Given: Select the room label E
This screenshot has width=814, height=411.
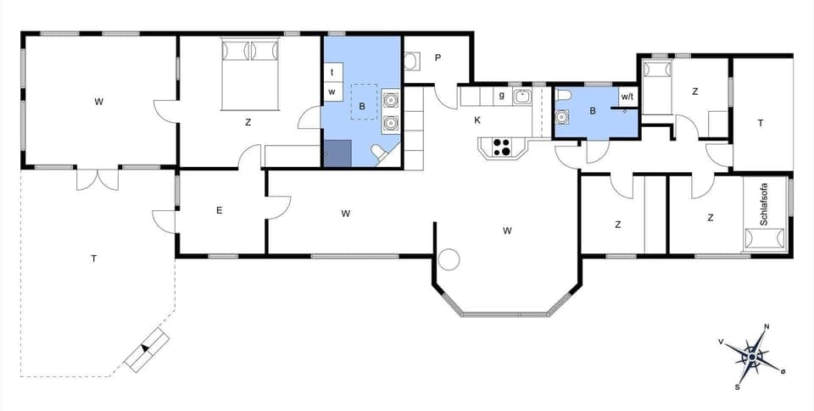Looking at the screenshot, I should click(x=219, y=210).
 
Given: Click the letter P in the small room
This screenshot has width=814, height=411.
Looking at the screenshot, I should click(x=438, y=58).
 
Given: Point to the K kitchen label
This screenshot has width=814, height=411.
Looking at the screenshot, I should click(x=477, y=121).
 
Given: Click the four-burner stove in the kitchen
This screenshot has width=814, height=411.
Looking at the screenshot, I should click(x=501, y=147).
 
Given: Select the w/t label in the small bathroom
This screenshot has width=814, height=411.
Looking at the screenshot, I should click(x=627, y=97).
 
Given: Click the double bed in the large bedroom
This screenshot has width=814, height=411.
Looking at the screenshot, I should click(x=250, y=75).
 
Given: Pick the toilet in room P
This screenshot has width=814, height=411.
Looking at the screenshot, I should click(x=411, y=61).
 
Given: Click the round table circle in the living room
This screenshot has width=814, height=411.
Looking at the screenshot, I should click(x=448, y=259).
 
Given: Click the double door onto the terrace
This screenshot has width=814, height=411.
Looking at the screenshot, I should click(x=98, y=178).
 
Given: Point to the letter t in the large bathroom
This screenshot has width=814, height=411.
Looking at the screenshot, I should click(x=332, y=73).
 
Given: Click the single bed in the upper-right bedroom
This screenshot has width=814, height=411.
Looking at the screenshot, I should click(x=657, y=85).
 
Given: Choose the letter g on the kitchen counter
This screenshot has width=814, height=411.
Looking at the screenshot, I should click(x=501, y=96).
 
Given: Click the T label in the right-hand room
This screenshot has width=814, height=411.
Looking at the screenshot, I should click(x=761, y=123).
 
